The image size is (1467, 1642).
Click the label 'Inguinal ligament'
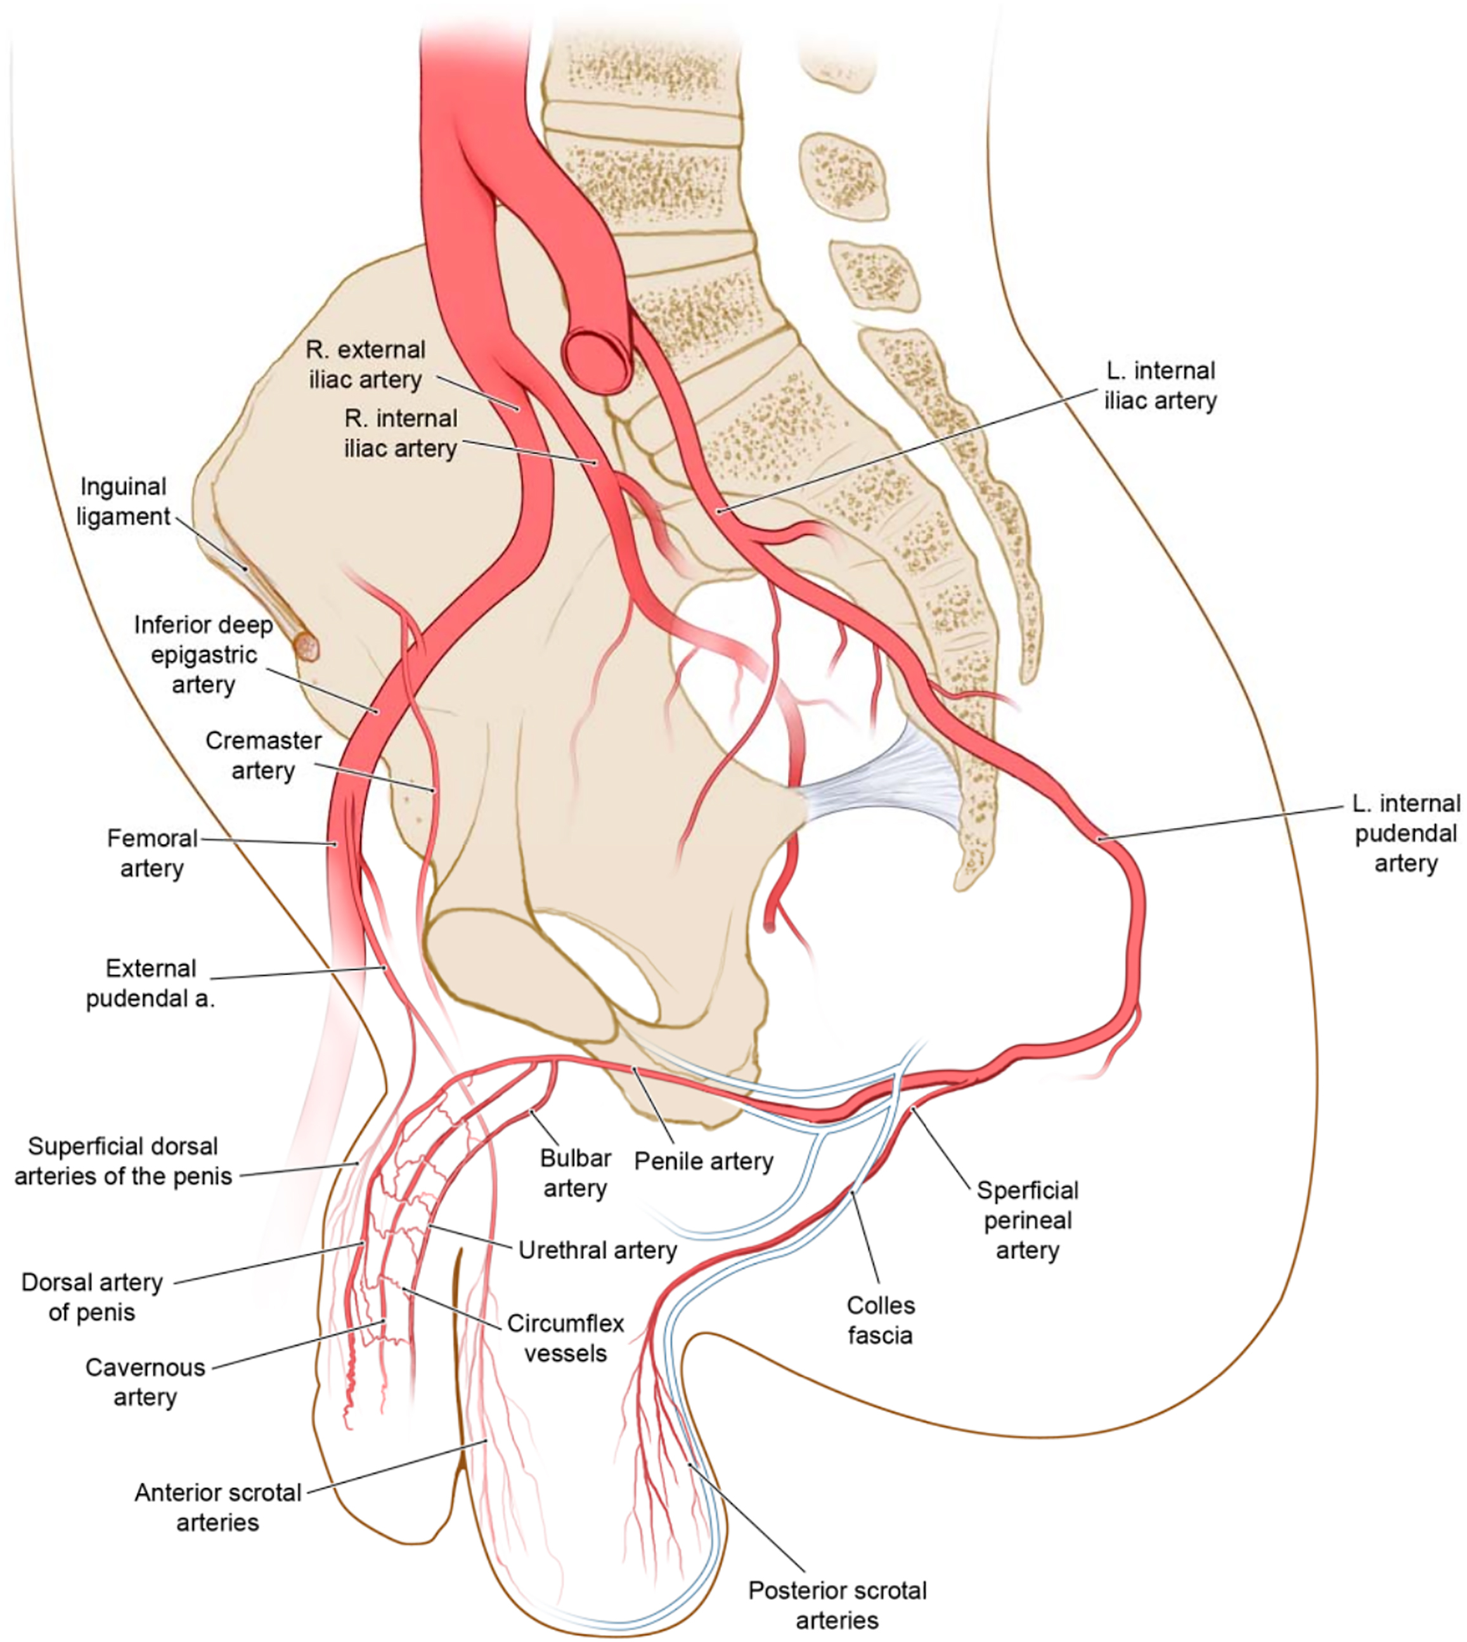click(124, 501)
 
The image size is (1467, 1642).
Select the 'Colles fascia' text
click(880, 1321)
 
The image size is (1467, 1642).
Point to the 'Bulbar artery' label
click(575, 1173)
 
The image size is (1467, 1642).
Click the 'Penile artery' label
click(704, 1161)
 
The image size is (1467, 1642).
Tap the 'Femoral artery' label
click(152, 853)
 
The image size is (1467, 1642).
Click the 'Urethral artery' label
click(597, 1250)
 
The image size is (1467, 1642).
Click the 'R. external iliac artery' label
click(365, 365)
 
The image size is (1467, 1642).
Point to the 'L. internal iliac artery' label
click(1160, 385)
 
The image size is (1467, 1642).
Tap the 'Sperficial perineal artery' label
click(1027, 1220)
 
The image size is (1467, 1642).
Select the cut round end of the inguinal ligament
click(307, 645)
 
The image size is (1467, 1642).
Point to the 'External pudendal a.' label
click(151, 983)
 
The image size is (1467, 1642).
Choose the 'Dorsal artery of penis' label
click(92, 1297)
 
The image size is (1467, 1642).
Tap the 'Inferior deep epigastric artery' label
click(203, 654)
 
